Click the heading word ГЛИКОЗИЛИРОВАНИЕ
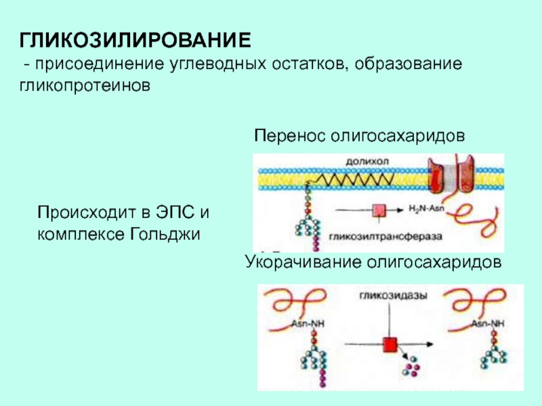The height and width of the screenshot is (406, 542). pyautogui.click(x=135, y=40)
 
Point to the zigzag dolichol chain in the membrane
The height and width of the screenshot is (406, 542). pyautogui.click(x=352, y=179)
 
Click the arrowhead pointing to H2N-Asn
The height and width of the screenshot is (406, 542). pyautogui.click(x=403, y=210)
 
